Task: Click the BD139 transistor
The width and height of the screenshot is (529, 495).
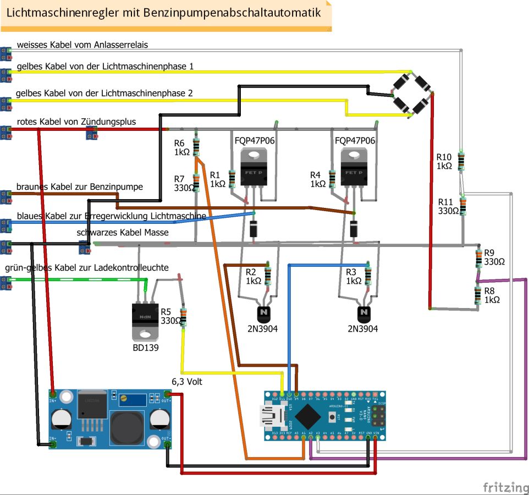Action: (146, 321)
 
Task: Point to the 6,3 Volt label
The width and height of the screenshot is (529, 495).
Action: (186, 381)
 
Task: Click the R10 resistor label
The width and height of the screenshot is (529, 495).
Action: (444, 161)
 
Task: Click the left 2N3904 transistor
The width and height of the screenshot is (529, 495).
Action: (263, 315)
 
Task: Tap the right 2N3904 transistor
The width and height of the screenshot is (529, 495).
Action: (363, 315)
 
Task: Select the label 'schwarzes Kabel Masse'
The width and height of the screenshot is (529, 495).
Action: (123, 233)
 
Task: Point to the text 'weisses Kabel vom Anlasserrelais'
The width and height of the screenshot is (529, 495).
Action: (82, 45)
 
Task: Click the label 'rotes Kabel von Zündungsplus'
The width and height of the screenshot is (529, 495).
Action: (76, 122)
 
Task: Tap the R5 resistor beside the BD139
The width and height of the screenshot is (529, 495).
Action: (183, 317)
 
